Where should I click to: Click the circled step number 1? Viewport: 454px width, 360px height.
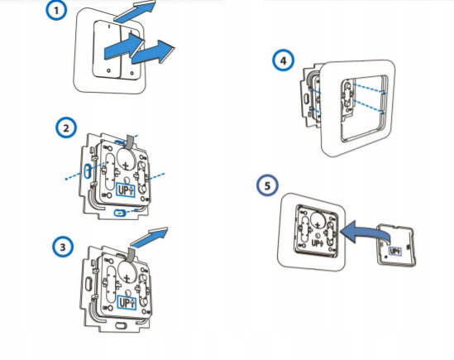coord(56,11)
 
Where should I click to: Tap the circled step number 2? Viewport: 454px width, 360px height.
coord(66,127)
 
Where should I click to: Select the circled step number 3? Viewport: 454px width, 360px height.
coord(63,247)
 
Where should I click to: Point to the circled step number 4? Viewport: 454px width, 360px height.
coord(283,60)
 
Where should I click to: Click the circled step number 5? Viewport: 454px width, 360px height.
coord(267,185)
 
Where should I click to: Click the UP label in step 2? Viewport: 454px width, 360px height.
coord(126,190)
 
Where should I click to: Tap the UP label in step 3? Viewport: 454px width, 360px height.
coord(127,303)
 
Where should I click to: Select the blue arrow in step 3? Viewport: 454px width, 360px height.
coord(149,237)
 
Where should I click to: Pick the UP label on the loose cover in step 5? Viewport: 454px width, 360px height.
coord(395,251)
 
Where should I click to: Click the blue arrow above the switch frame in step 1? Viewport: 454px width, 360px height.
coord(135,12)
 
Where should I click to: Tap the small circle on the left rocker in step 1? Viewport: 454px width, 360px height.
coord(108,70)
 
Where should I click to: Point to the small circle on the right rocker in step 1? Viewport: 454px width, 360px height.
coord(132,74)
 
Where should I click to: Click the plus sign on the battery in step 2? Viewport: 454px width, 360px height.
coord(126,166)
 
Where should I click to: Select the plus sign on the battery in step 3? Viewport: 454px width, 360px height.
coord(127,278)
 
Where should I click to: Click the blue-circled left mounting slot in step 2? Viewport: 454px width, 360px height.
coord(88,171)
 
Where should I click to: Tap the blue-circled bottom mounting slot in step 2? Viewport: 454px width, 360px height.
coord(120,213)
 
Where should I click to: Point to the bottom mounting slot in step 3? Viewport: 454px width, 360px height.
coord(120,325)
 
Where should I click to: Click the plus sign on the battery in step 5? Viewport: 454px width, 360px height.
coord(318,224)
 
